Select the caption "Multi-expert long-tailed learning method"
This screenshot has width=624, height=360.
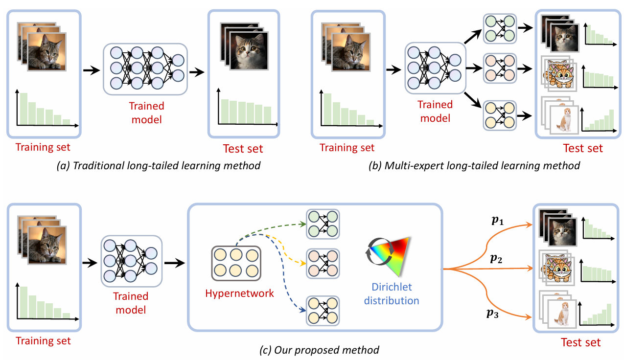click(x=474, y=166)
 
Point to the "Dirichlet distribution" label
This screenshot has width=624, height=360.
click(x=392, y=294)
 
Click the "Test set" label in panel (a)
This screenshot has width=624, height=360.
click(x=243, y=148)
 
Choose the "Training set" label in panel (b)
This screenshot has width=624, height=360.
click(x=347, y=147)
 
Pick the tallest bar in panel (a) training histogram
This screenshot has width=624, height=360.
click(x=23, y=108)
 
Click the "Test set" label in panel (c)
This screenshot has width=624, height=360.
click(x=581, y=342)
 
